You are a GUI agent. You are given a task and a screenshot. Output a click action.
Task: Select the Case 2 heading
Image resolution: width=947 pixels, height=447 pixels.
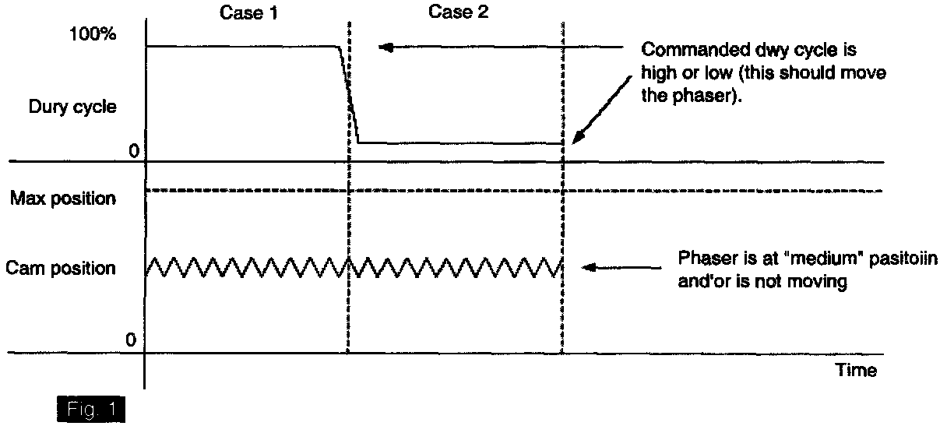[x=459, y=12]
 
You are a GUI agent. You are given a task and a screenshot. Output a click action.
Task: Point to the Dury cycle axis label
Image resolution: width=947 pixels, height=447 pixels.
[x=72, y=107]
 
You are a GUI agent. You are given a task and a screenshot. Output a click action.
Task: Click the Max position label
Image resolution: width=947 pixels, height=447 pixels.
[x=62, y=199]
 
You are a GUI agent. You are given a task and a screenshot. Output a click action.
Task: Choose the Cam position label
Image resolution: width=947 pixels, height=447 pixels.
[x=61, y=269]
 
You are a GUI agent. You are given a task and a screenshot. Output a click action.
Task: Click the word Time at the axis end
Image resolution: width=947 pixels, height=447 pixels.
[x=856, y=371]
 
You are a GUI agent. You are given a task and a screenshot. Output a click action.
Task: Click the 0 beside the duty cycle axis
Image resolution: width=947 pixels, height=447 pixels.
[x=133, y=151]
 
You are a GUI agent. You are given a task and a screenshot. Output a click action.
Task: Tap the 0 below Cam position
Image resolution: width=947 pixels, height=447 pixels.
[x=131, y=340]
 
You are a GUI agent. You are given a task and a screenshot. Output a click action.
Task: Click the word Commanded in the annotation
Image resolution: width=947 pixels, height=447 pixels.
[x=680, y=51]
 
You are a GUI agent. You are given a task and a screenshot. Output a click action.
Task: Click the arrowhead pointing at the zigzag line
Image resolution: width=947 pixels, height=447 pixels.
[x=590, y=267]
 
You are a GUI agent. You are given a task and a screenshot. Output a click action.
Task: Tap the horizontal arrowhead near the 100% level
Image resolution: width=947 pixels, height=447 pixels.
[x=384, y=48]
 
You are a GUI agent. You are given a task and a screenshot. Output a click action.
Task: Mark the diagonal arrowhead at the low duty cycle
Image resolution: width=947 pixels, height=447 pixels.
[x=577, y=138]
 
